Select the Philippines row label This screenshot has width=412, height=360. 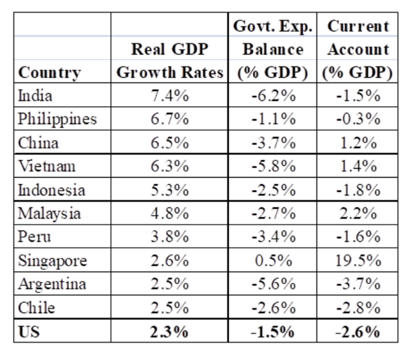point(57,120)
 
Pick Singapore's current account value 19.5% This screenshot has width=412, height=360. point(358,262)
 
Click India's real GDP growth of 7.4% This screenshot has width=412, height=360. point(170,97)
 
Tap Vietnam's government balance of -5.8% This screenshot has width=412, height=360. point(272,167)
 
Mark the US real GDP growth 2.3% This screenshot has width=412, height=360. point(170,333)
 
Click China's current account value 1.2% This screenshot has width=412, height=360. point(359,144)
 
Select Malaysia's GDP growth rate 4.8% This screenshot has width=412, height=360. point(170,214)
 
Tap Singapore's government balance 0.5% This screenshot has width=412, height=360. point(272,262)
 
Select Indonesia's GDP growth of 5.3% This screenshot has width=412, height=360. point(170,191)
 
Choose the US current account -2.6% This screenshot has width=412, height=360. point(358,333)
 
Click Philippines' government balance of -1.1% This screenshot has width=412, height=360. point(272,120)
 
